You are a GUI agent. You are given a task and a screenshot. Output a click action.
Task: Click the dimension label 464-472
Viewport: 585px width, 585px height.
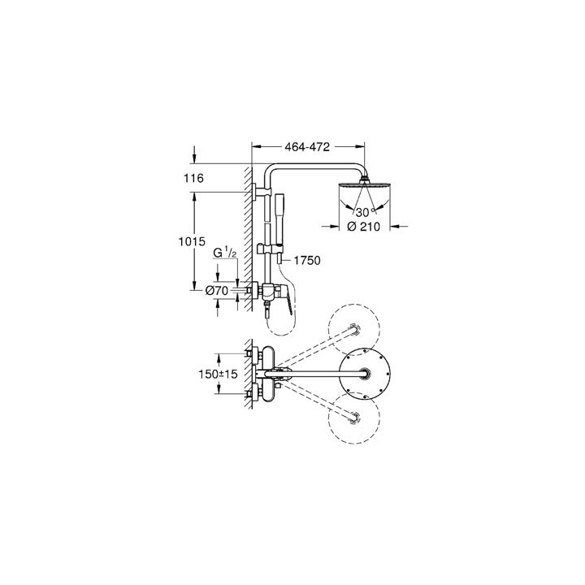pos(308,149)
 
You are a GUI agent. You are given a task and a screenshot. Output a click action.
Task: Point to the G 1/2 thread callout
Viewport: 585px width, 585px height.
pos(225,254)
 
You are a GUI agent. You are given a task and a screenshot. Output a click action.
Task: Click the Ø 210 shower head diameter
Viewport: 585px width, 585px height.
pos(365,227)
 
